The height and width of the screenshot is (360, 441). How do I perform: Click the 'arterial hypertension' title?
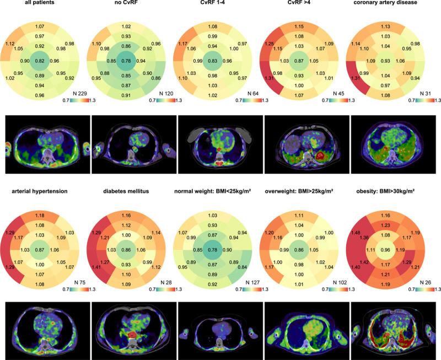point(40,191)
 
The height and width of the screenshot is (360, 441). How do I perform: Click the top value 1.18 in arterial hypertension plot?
point(39,214)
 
